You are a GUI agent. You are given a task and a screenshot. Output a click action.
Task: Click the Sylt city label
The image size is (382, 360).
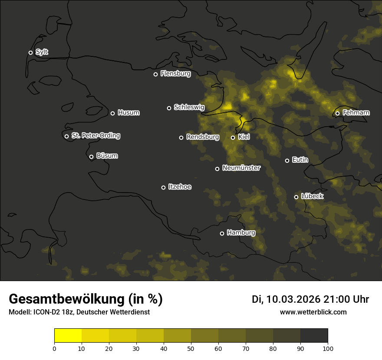42,52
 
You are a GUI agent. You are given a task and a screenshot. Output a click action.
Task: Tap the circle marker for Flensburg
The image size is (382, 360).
155,74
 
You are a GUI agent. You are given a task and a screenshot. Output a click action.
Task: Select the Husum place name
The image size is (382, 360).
128,113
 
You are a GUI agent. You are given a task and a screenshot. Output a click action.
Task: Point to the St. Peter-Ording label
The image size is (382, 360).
95,136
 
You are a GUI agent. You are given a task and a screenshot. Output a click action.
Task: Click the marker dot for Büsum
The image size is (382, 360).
91,157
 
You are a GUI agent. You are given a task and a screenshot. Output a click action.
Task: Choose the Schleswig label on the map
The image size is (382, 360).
189,107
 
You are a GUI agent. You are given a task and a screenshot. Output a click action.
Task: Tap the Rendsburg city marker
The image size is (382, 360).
181,137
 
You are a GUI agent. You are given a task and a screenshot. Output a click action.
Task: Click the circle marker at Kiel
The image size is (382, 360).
233,137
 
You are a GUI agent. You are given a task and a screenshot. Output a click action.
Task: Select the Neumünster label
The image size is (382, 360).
241,168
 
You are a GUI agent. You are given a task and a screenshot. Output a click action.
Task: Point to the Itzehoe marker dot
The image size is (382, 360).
163,187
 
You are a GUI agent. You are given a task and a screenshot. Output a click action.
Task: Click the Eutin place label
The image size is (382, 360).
300,160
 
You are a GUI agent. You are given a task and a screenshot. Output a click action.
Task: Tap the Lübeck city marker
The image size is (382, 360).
296,197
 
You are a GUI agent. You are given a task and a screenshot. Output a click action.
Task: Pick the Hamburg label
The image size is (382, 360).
241,232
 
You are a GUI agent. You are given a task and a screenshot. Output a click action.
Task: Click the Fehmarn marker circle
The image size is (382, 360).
337,114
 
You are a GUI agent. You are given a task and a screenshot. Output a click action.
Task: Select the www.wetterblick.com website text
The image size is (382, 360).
313,312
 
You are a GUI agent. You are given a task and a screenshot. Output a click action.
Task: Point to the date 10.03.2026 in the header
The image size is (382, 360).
293,299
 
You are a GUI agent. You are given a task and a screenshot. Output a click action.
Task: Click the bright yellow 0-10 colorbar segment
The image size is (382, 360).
68,336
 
